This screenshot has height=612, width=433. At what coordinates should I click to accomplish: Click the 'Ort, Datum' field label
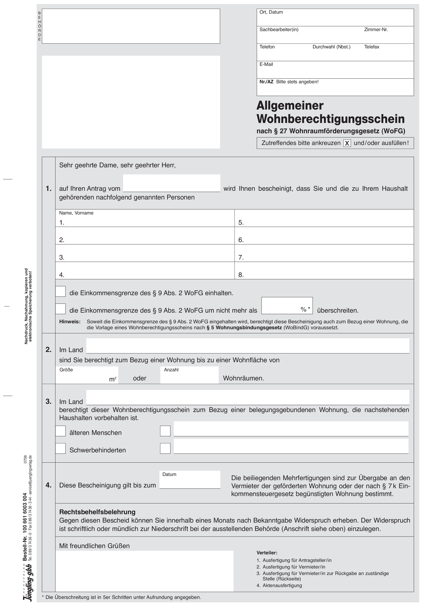coord(271,12)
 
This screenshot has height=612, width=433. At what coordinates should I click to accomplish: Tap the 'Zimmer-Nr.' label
coord(376,30)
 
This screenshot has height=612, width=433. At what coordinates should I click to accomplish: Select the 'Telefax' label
coord(372,47)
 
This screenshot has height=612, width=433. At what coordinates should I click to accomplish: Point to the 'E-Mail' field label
coord(266,64)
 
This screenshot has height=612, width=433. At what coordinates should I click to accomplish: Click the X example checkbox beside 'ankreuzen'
coord(347,143)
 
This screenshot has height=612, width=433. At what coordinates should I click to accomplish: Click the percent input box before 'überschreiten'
coord(287,305)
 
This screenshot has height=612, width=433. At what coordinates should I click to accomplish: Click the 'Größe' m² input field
coord(87,376)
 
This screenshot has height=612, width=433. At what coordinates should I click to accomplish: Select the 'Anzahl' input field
coord(189,376)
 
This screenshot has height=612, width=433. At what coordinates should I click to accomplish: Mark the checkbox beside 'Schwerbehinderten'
coord(61,448)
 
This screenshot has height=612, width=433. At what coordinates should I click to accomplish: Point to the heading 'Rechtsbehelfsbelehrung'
coord(97,512)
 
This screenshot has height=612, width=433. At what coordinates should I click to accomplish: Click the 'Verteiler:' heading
coord(267,553)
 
